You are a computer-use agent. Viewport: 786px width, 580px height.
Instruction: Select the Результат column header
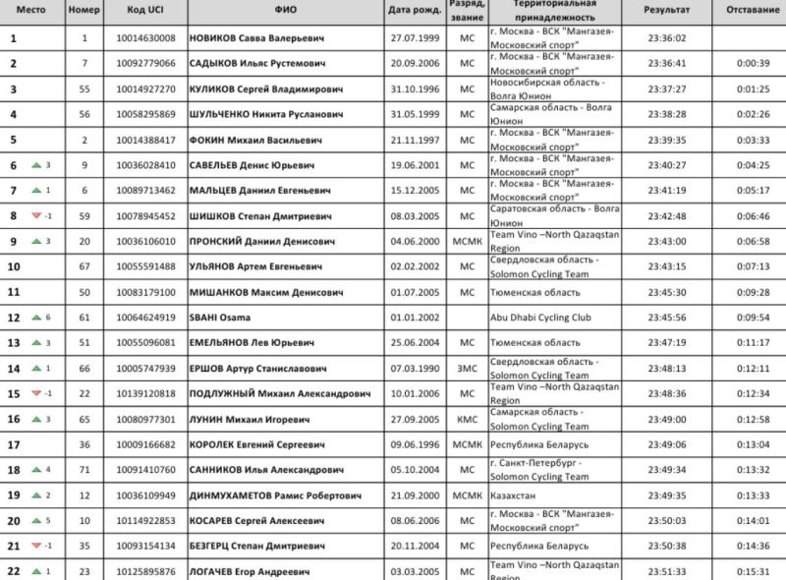[x=667, y=10]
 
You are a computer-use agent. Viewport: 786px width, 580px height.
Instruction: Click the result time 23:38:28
[x=667, y=114]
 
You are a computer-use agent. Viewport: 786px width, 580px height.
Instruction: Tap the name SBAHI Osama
[x=222, y=318]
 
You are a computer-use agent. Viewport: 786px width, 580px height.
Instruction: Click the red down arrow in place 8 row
[x=36, y=216]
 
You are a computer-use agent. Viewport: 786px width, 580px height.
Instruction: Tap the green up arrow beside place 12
[x=36, y=318]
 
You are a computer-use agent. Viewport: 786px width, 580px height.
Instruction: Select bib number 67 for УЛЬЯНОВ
[x=84, y=266]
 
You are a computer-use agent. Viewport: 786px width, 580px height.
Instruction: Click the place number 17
[x=14, y=444]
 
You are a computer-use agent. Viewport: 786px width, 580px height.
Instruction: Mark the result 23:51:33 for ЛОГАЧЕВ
[x=667, y=571]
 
